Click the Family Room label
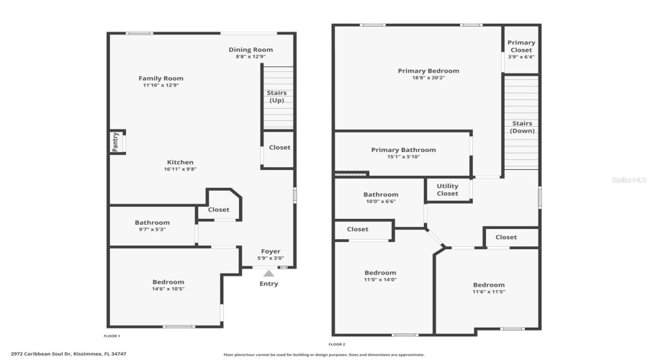coord(161,78)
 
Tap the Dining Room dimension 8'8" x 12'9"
coord(251,57)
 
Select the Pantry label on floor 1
coord(114,142)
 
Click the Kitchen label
coord(180,162)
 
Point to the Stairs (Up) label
coord(277,96)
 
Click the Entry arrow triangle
coord(269,274)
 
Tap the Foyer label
coord(271,251)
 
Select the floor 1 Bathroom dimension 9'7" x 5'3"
coord(152,230)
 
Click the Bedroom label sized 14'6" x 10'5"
coord(168,282)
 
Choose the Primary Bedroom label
coord(428,71)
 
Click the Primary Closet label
coord(521,46)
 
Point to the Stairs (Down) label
coord(522,127)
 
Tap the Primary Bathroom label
coord(403,150)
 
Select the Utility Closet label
coord(447,189)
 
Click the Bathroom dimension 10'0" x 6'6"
coord(380,202)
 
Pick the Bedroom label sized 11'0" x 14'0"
coord(379,272)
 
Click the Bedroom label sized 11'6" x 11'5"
coord(488,284)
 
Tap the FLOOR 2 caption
coord(337,344)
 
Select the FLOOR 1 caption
coord(112,336)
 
